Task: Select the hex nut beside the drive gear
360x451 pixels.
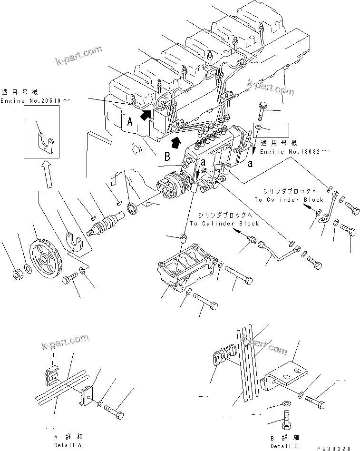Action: point(16,275)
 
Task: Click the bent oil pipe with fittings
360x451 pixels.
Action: point(278,255)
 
